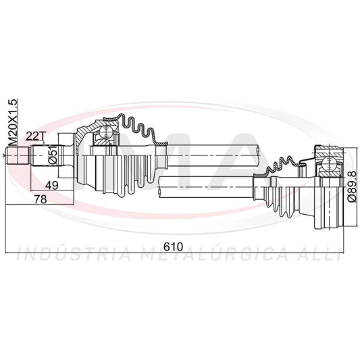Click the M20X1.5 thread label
pyautogui.click(x=13, y=123)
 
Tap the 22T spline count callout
pyautogui.click(x=34, y=136)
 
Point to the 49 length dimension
pyautogui.click(x=51, y=185)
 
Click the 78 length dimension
pyautogui.click(x=41, y=199)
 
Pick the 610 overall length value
pyautogui.click(x=174, y=247)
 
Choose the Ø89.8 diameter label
pyautogui.click(x=351, y=186)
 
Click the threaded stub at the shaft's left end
pyautogui.click(x=18, y=155)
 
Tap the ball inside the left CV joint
pyautogui.click(x=105, y=132)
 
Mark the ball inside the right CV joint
pyautogui.click(x=328, y=164)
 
